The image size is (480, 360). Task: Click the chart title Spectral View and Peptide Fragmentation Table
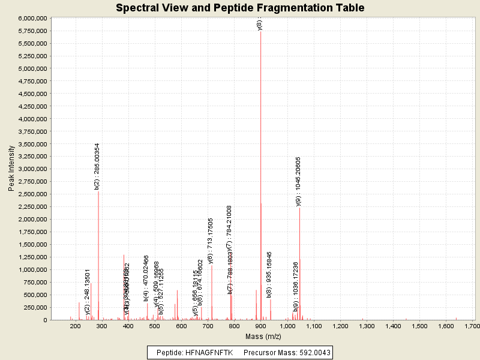coord(240,8)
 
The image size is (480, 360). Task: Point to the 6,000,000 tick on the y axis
coord(31,19)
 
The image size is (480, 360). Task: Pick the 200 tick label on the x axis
coord(76,326)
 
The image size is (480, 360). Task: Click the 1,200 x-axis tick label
coord(340,326)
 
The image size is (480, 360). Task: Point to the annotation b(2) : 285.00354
coord(97,166)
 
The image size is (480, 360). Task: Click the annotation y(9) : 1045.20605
coord(298,181)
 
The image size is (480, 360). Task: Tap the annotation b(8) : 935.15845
coord(269,274)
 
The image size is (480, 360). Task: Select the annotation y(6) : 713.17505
coord(211,241)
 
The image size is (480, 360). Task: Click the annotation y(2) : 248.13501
coord(88,292)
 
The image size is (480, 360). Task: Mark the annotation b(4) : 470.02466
coord(146,278)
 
